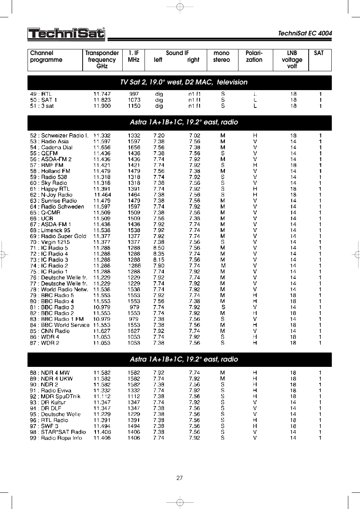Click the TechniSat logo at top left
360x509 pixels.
click(66, 34)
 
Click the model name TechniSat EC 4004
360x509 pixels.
click(305, 33)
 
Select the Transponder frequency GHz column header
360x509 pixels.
click(102, 60)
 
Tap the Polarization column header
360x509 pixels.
click(254, 57)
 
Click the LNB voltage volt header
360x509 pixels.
click(292, 60)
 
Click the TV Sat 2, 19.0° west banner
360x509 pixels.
click(183, 82)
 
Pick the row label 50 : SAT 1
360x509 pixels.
click(43, 100)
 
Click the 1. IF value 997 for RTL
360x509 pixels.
click(134, 94)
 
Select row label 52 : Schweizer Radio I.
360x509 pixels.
click(59, 135)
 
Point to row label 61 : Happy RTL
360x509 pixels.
click(50, 189)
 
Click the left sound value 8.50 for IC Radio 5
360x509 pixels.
click(158, 248)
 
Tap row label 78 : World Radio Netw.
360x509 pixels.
click(59, 290)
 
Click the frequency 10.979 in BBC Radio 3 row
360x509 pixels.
click(102, 307)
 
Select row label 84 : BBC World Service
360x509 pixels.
click(60, 325)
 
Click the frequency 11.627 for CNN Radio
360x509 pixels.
click(102, 331)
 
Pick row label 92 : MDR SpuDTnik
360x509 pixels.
click(55, 397)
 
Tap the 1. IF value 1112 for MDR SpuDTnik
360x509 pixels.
click(134, 397)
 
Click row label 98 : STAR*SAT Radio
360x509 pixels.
click(58, 432)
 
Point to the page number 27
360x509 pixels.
click(180, 478)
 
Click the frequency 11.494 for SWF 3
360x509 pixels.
click(102, 426)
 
